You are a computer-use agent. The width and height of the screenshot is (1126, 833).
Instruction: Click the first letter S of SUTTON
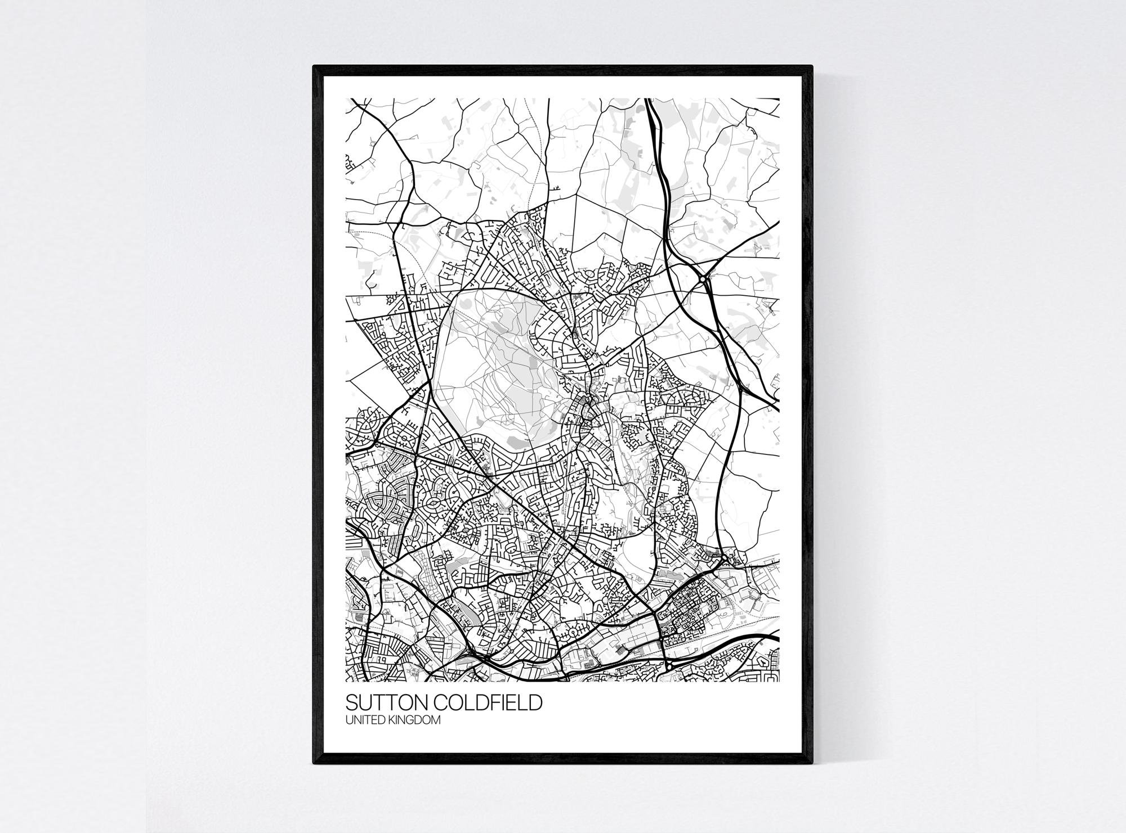coord(351,703)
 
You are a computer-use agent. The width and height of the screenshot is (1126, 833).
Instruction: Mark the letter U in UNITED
coord(348,721)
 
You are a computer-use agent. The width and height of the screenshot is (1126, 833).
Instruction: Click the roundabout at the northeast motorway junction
coord(704,278)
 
